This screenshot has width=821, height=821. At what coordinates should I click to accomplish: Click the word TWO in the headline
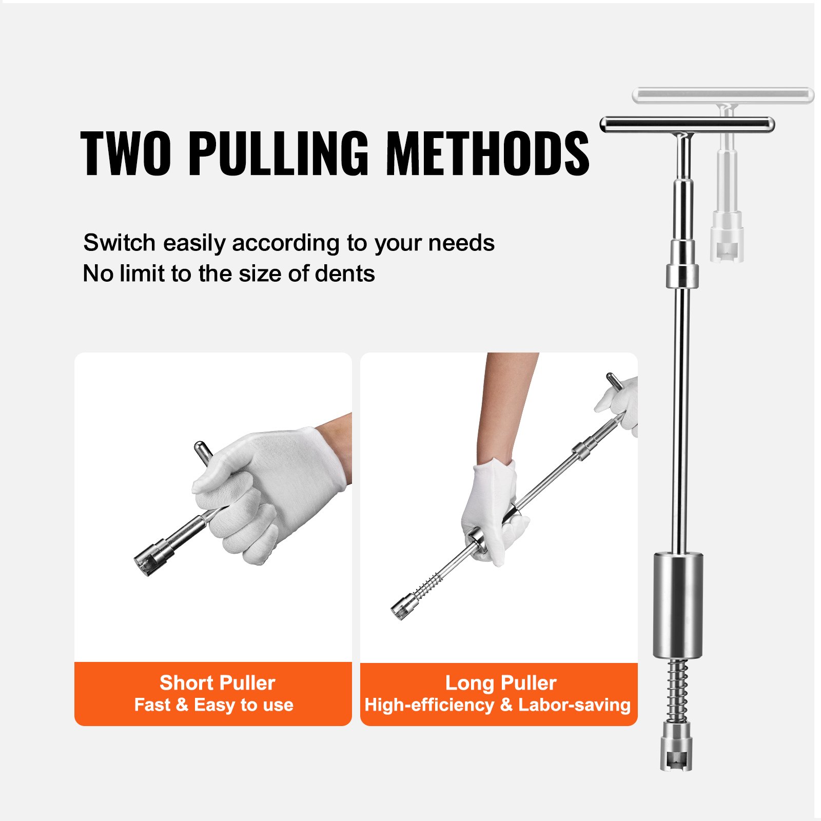126,153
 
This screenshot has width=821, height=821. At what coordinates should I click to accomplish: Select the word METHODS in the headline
487,153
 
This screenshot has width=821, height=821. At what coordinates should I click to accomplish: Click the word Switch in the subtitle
119,243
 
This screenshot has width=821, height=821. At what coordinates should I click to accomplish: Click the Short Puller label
217,683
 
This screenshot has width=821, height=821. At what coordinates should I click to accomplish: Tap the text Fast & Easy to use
213,705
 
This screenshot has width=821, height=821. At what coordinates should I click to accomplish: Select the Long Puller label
501,683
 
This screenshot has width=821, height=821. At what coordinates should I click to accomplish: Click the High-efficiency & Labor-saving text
497,705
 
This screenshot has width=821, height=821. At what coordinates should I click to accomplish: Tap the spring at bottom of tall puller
677,690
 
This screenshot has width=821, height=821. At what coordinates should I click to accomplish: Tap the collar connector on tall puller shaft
682,276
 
